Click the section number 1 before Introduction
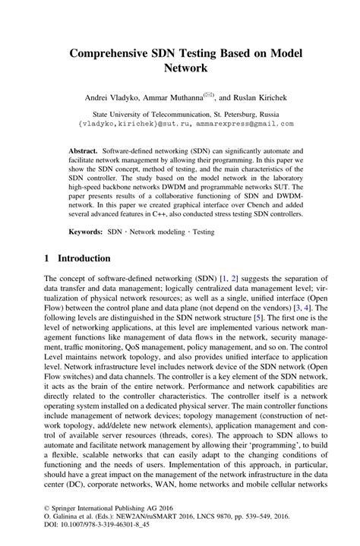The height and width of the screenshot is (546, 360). point(47,259)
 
